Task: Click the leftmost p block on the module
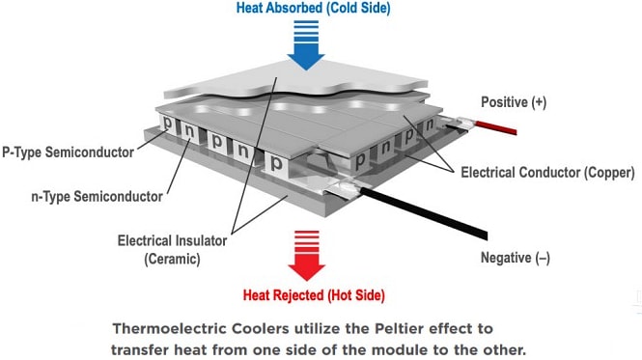tap(168, 125)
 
